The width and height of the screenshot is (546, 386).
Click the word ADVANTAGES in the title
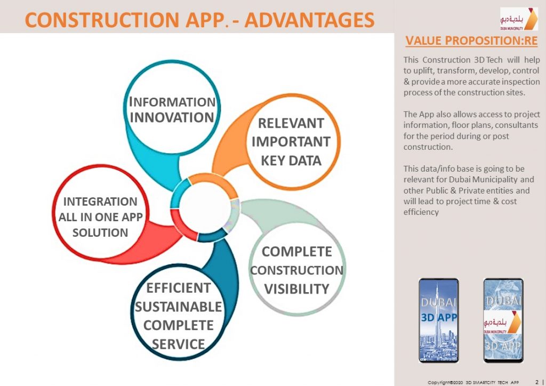click(x=310, y=20)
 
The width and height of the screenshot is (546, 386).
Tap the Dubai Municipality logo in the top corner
click(x=519, y=19)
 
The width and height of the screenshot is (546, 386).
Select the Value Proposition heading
click(x=471, y=41)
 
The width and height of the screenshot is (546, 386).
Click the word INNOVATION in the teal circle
click(x=172, y=117)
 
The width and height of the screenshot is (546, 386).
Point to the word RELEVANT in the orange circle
click(x=291, y=123)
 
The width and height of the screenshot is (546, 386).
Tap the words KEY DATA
click(x=291, y=161)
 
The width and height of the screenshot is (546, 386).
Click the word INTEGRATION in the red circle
click(x=100, y=202)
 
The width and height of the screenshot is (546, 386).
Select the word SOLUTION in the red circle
click(x=100, y=232)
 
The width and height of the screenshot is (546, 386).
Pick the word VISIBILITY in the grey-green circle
click(x=296, y=289)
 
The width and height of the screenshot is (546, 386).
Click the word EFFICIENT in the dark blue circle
click(x=178, y=288)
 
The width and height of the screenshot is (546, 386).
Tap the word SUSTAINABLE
click(x=178, y=307)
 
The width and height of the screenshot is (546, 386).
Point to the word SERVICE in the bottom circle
click(x=178, y=344)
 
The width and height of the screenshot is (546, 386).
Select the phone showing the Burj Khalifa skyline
click(x=439, y=320)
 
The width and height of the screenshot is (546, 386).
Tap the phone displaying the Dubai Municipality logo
click(x=503, y=320)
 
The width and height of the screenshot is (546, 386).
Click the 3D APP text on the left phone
click(x=439, y=317)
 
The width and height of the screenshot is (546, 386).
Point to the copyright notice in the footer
click(x=473, y=382)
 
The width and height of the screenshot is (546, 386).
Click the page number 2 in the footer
click(x=537, y=382)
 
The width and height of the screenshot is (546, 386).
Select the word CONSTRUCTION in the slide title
click(x=102, y=20)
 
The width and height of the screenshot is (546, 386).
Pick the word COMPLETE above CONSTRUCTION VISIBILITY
click(x=296, y=252)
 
